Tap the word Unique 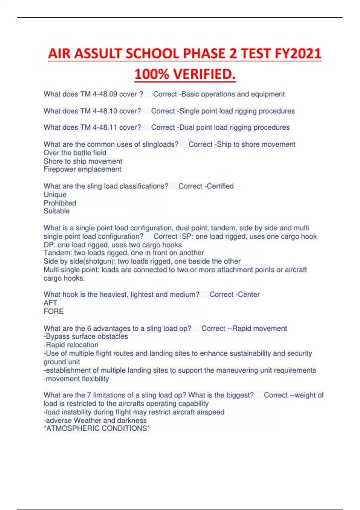click(x=55, y=195)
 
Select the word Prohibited click(x=60, y=203)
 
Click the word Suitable click(x=56, y=211)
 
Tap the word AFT click(x=50, y=303)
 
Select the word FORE click(x=53, y=311)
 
